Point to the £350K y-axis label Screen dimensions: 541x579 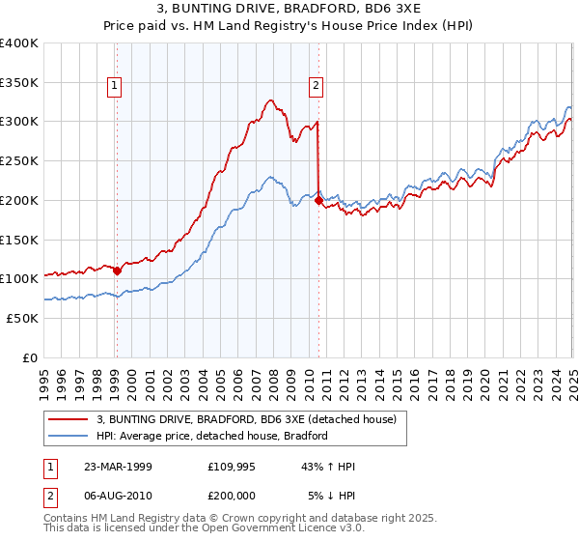[x=19, y=83]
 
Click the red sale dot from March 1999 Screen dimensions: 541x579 [x=118, y=270]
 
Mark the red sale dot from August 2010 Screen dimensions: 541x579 [x=318, y=200]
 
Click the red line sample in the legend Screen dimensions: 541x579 [x=68, y=419]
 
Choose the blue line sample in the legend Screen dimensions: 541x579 [x=68, y=436]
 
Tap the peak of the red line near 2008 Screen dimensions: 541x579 [x=271, y=100]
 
